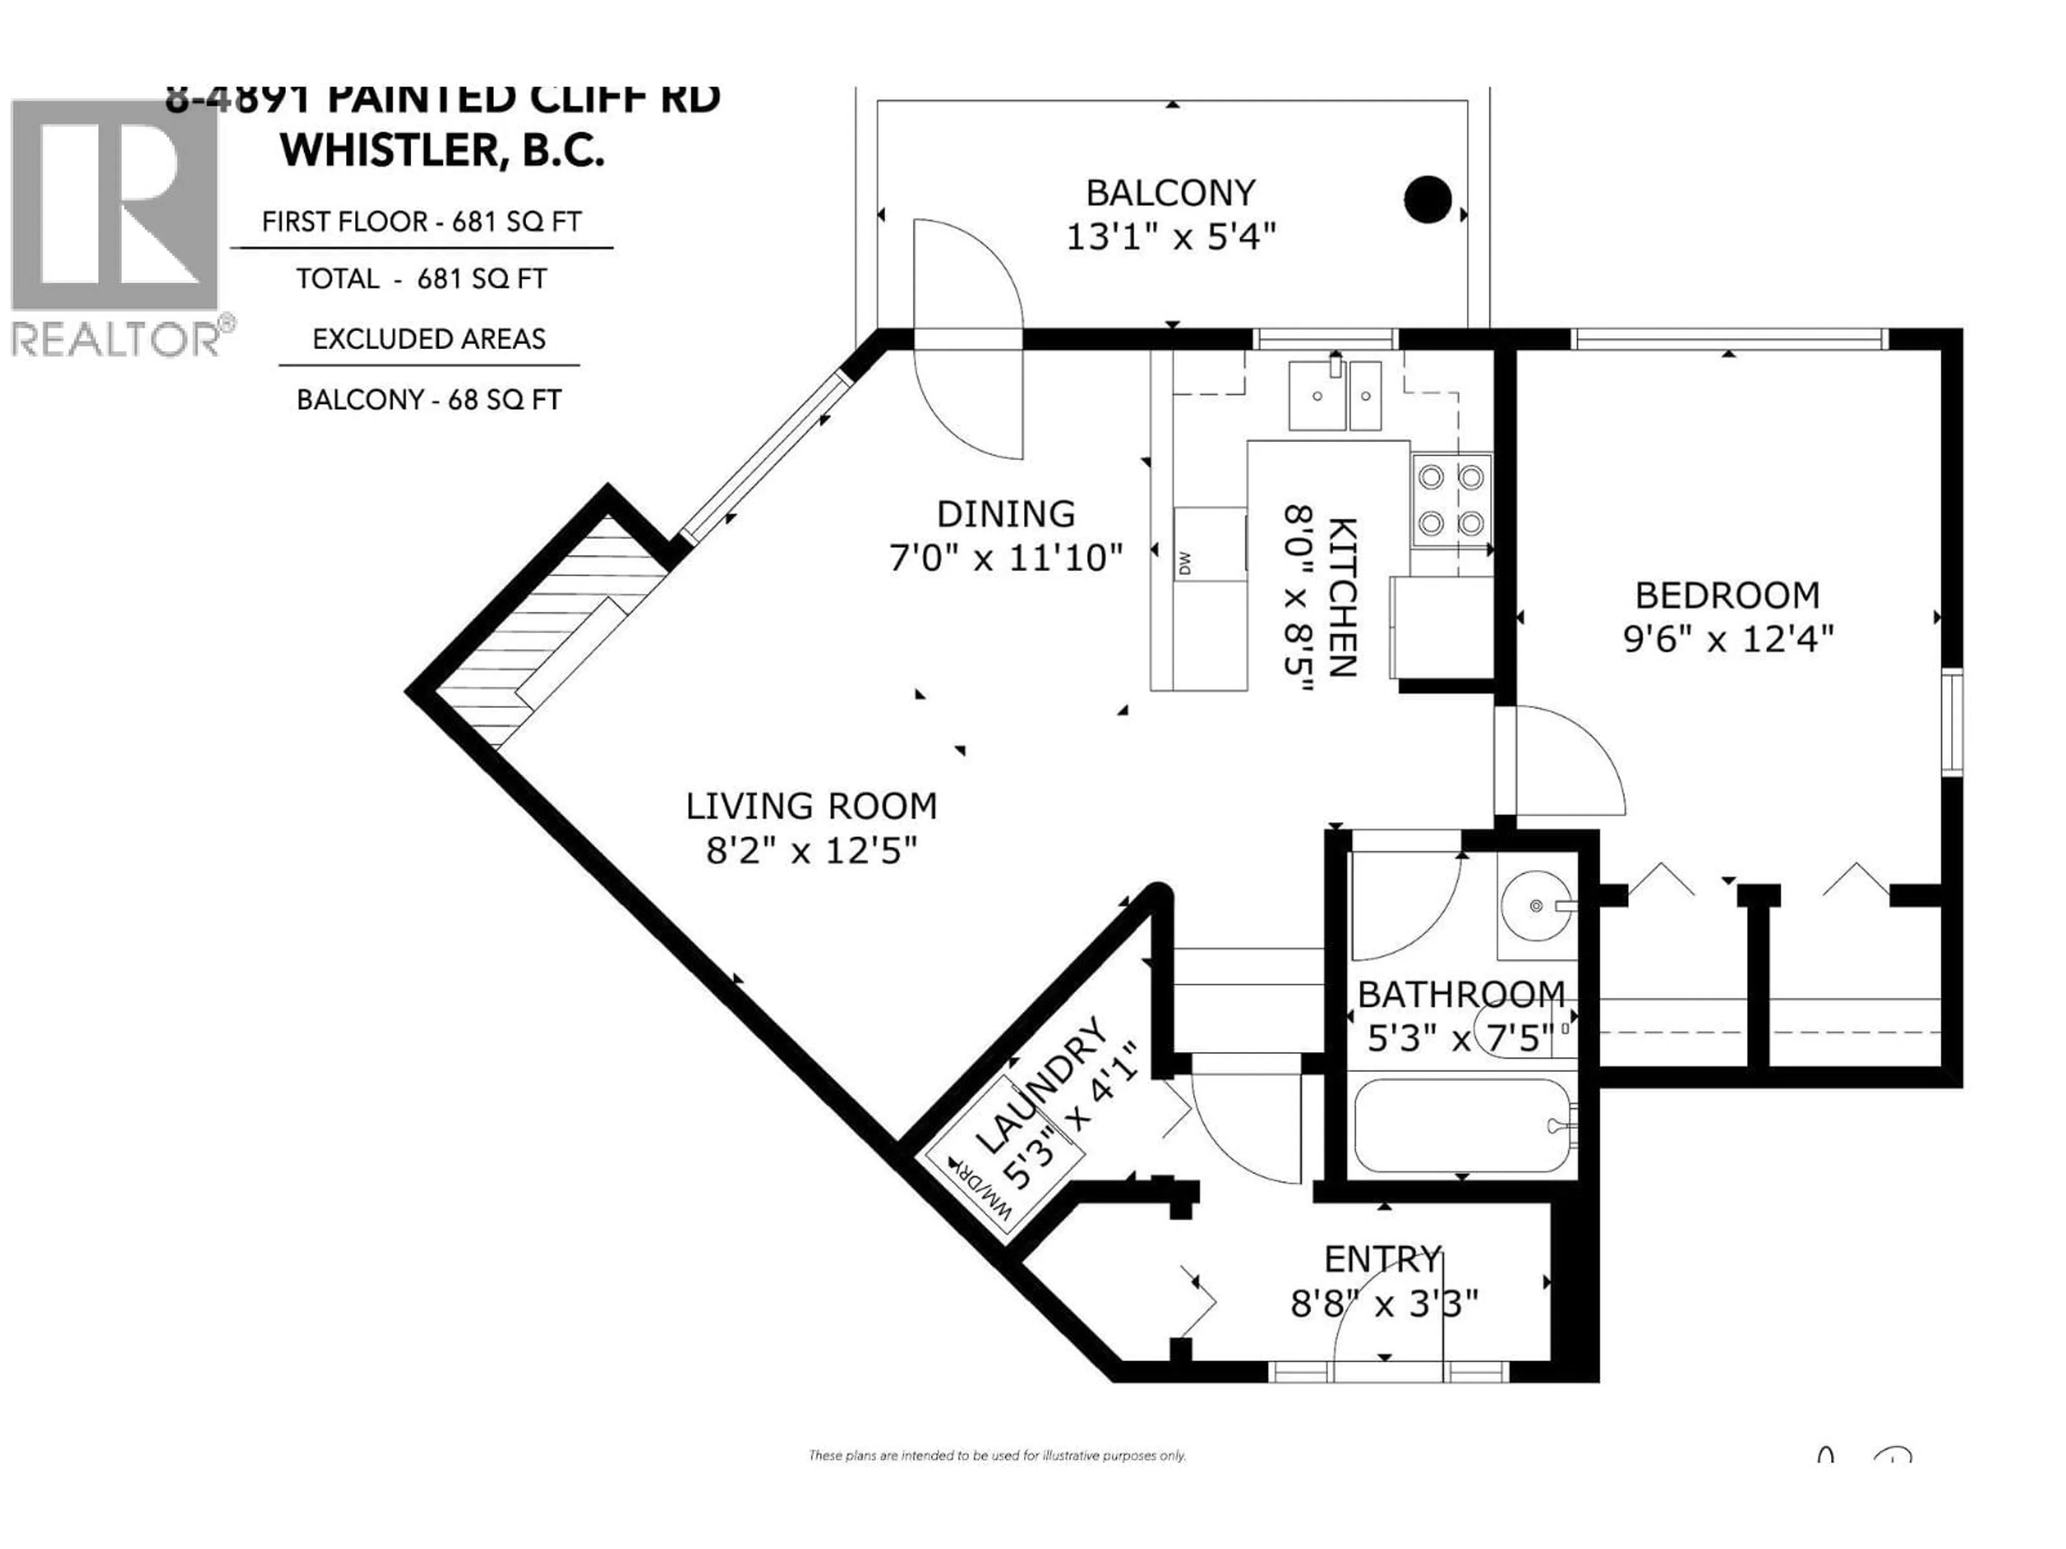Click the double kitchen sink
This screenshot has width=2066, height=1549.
click(x=1335, y=395)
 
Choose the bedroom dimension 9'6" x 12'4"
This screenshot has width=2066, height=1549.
click(x=1728, y=640)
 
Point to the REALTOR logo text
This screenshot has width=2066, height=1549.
click(x=117, y=340)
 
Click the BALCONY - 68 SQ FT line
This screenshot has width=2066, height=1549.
click(x=429, y=401)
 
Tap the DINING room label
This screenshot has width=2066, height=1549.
click(x=1006, y=515)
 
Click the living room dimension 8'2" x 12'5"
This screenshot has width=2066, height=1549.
click(x=811, y=850)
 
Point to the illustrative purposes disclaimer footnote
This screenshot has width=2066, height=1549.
click(x=996, y=1455)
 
